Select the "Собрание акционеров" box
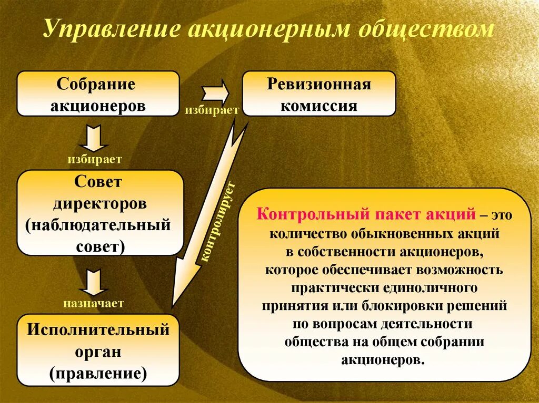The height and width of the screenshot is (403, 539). [x=98, y=94]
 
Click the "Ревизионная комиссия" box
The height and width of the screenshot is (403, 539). [x=318, y=94]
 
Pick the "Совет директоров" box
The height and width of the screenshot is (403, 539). [x=101, y=213]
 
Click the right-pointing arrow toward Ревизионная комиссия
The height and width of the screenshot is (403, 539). [x=216, y=93]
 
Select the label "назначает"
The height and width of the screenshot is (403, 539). [x=95, y=303]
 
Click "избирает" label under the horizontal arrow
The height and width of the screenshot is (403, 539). [x=212, y=110]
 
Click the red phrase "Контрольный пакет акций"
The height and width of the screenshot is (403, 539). [x=366, y=214]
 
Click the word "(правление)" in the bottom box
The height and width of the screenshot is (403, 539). [x=98, y=373]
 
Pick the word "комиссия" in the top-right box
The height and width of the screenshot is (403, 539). [x=318, y=105]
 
